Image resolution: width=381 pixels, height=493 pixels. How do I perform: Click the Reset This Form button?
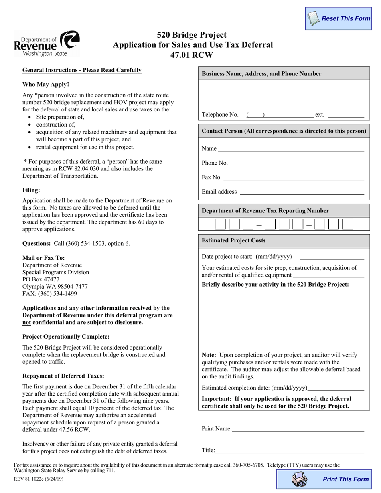[x=338, y=18]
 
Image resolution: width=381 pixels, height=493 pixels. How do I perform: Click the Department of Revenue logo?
[x=47, y=44]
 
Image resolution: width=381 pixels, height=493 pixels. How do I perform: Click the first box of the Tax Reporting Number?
[x=220, y=224]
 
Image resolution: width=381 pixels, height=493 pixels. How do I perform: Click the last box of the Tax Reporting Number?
[x=348, y=224]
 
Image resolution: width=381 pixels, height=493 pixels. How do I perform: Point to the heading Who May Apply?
[x=46, y=85]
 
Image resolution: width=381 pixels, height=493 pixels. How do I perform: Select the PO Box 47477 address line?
[x=41, y=279]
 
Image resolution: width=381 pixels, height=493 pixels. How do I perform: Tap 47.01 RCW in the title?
[x=191, y=55]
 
